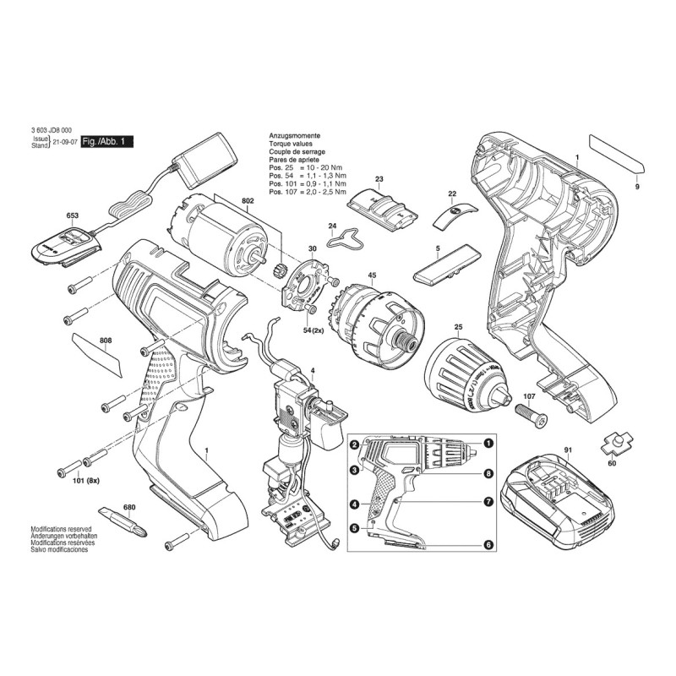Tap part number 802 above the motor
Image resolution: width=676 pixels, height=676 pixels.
248,201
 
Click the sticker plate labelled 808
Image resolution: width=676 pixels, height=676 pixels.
99,352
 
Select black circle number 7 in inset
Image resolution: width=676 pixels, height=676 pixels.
488,502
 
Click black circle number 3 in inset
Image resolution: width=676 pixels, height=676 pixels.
355,470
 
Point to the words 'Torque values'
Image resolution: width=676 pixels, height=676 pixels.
289,145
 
